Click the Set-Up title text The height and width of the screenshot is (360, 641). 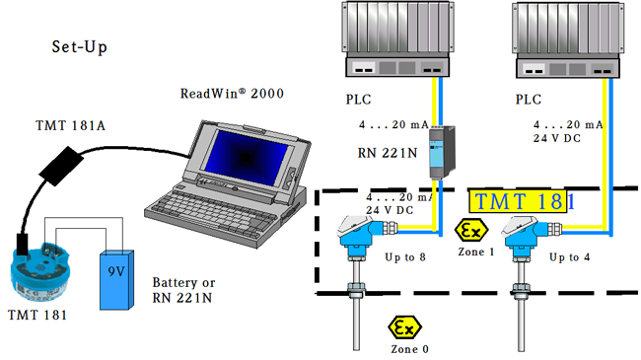(x=79, y=47)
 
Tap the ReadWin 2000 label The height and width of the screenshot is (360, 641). (x=232, y=94)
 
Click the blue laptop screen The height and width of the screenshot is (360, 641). (x=247, y=157)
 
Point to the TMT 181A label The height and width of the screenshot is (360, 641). (x=70, y=125)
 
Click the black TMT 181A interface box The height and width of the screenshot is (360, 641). (x=61, y=166)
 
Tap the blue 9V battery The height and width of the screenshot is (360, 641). (x=117, y=280)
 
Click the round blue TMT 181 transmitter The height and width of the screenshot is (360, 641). (x=39, y=271)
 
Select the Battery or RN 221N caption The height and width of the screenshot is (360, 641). (x=183, y=290)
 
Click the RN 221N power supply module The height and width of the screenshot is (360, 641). (x=442, y=152)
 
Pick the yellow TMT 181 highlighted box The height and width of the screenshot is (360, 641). (x=518, y=201)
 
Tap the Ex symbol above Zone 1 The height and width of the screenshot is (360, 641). (x=471, y=231)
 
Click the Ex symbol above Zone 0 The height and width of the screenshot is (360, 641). (x=404, y=327)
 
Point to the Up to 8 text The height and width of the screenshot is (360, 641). (x=405, y=257)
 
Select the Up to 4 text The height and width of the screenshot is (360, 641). (x=569, y=257)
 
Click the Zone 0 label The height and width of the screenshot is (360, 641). (x=409, y=349)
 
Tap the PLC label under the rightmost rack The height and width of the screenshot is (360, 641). (x=529, y=100)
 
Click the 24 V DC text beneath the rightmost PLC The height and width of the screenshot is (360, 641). (x=557, y=139)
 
